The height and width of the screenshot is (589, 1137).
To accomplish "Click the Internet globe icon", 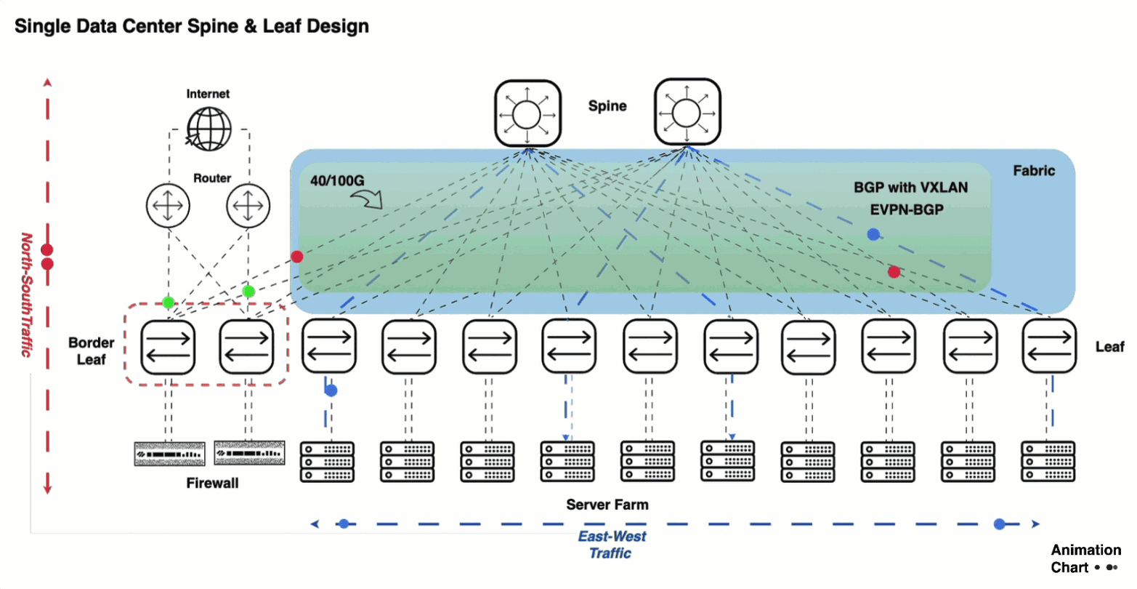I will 209,129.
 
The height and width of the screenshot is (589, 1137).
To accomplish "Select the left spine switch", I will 527,113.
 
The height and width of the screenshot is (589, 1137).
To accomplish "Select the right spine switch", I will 687,112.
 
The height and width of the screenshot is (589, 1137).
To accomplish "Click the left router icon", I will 168,206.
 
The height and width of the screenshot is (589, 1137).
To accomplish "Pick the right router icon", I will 248,206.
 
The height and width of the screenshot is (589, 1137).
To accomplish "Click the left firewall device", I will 169,453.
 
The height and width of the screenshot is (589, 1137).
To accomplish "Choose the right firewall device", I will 249,453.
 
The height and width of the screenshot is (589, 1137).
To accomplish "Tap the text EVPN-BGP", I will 907,210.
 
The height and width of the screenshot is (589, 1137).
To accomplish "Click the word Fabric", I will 1033,171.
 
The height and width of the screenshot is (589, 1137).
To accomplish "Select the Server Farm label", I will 607,505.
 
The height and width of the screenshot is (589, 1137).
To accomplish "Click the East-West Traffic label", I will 612,545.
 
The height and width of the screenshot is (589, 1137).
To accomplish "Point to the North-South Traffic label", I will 26,294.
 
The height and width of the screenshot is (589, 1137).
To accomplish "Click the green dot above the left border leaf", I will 169,302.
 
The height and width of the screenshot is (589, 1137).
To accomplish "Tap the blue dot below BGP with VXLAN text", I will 873,234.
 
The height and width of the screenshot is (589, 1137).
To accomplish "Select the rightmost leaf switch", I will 1048,346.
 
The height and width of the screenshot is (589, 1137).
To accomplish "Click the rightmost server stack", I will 1048,461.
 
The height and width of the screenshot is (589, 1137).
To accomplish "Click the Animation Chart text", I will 1085,558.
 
